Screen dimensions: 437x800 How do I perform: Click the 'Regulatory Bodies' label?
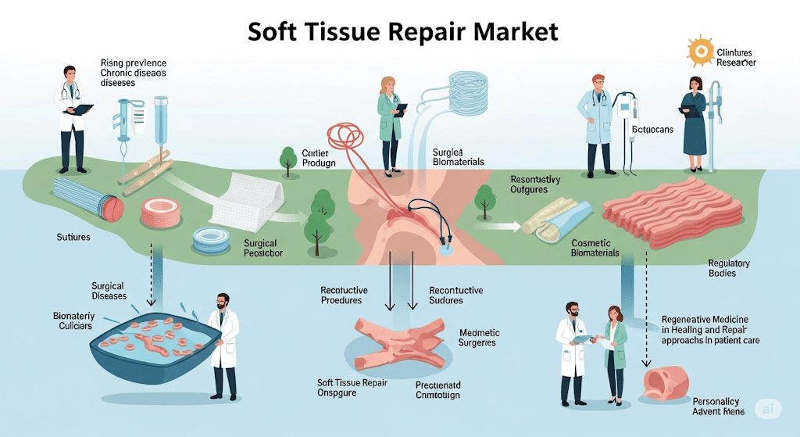(728, 268)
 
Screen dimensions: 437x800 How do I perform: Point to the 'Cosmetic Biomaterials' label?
(584, 248)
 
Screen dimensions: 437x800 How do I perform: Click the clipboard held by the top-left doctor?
(81, 109)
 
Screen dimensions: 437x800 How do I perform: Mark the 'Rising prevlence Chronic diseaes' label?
(133, 73)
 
